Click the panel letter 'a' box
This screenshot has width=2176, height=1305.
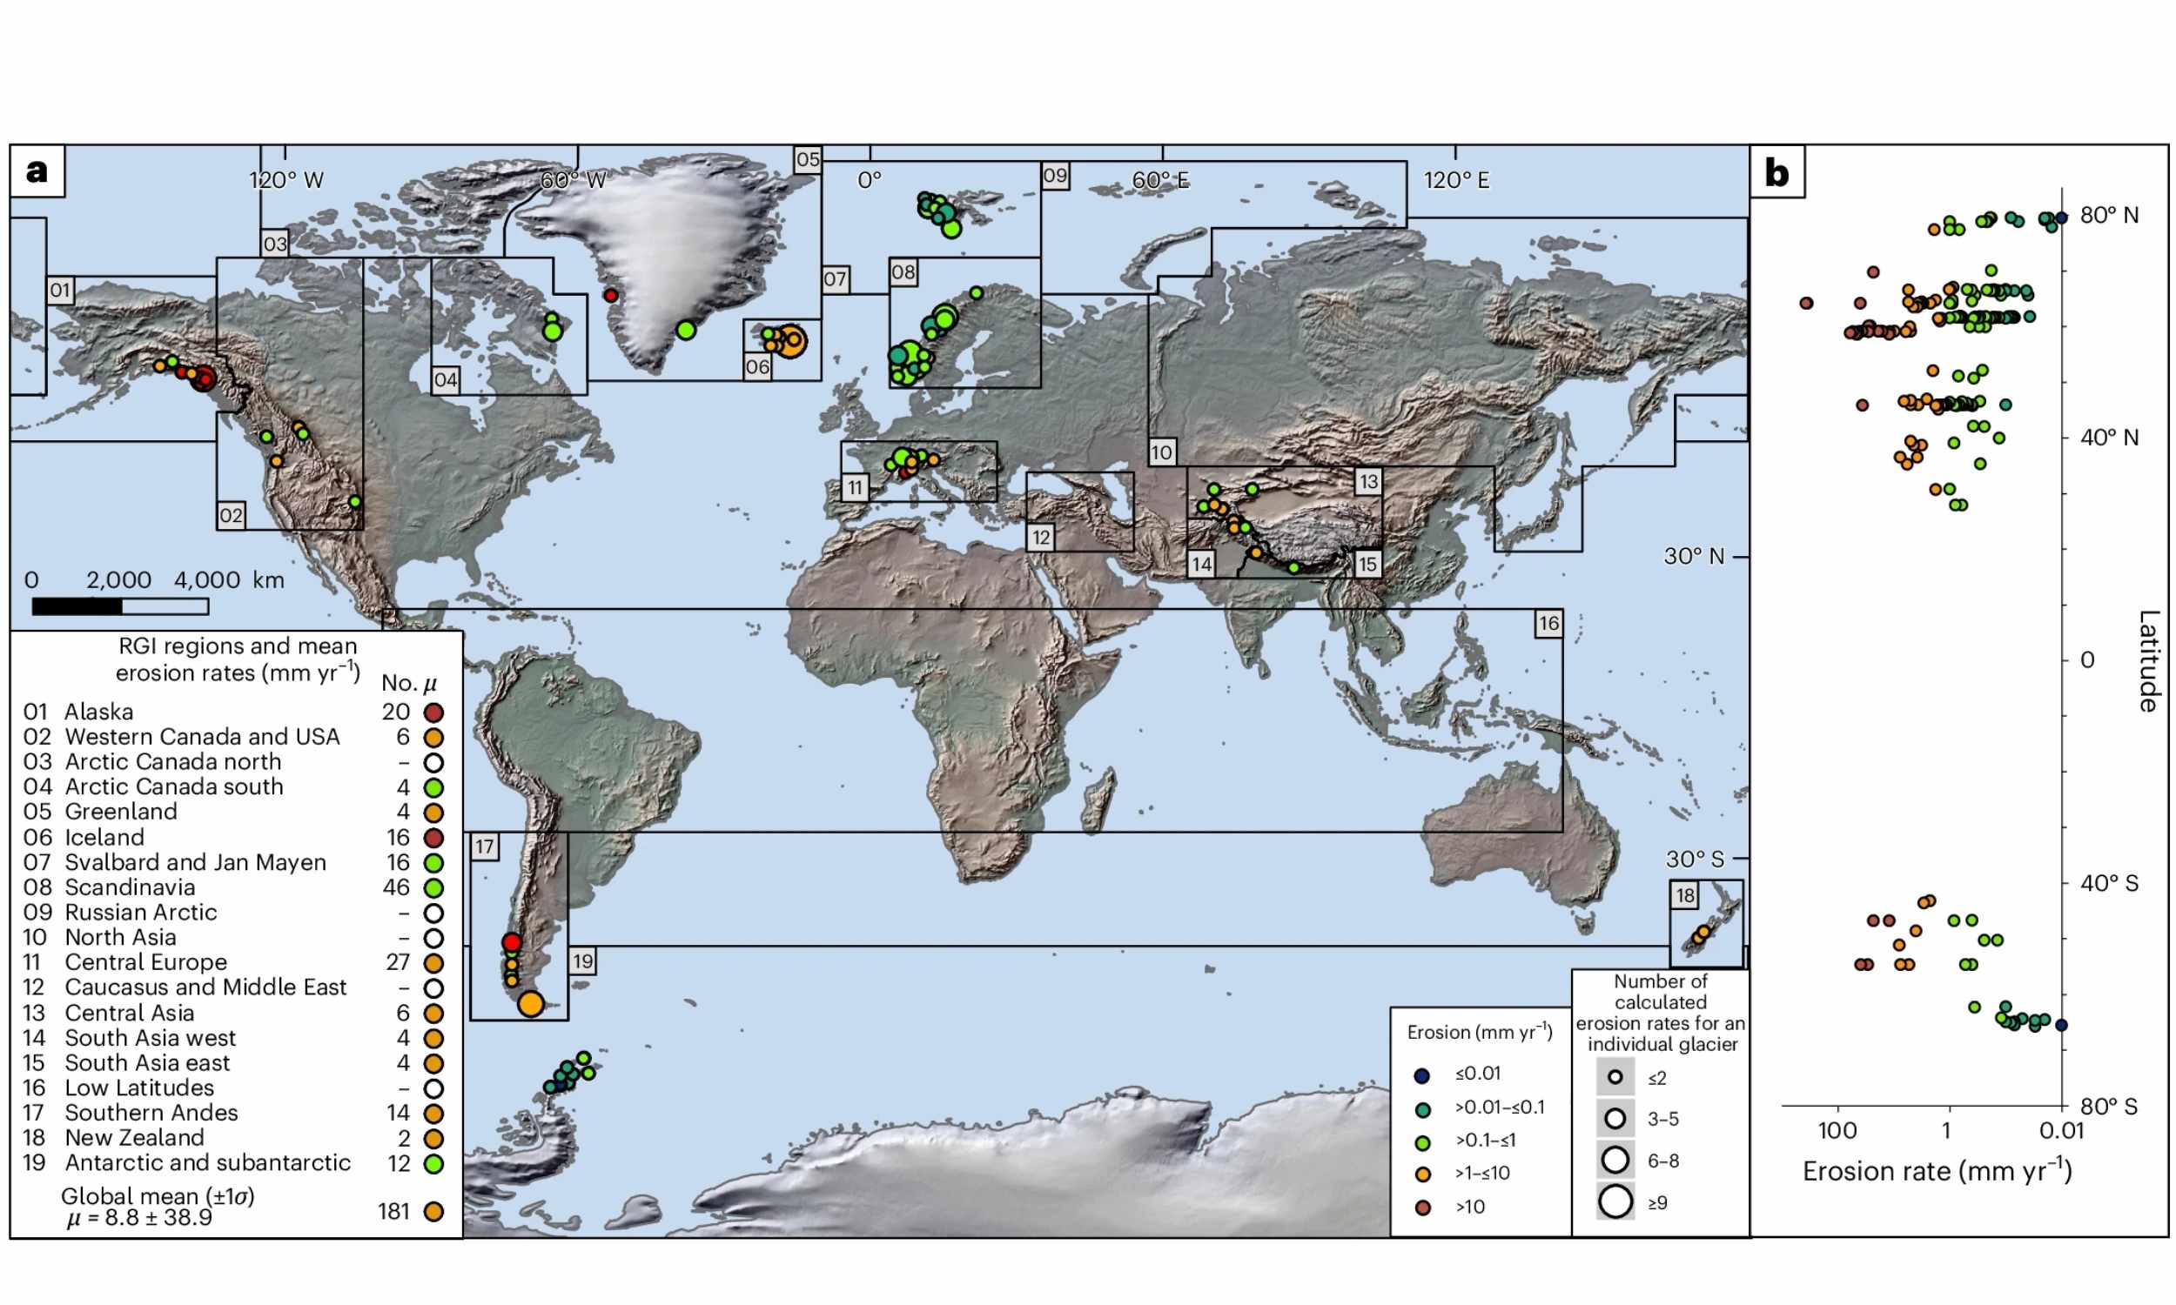(x=37, y=171)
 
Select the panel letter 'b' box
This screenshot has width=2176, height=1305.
(x=1776, y=172)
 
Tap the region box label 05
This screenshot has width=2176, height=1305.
(x=808, y=160)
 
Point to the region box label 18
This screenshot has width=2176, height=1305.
(x=1684, y=895)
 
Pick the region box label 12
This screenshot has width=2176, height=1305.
(x=1041, y=538)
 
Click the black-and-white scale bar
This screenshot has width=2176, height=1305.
(x=119, y=606)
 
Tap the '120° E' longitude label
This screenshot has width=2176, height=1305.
(x=1456, y=180)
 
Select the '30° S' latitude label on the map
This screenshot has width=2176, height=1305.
(x=1694, y=860)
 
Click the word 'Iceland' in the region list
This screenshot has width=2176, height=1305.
(x=104, y=837)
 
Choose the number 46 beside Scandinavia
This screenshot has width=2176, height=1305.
(x=396, y=887)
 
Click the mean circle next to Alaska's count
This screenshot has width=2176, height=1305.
(x=433, y=713)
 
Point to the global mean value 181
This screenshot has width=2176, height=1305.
(x=394, y=1212)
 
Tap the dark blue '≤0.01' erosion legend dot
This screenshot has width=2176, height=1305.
(x=1422, y=1075)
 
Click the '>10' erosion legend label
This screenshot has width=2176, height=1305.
(x=1470, y=1208)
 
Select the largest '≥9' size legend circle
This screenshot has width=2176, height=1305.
(x=1615, y=1201)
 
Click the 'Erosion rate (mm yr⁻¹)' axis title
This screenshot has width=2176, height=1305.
(x=1937, y=1171)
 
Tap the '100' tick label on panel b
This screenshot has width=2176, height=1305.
(x=1837, y=1131)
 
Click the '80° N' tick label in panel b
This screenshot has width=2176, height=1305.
(x=2108, y=216)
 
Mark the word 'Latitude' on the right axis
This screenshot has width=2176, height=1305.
(x=2148, y=660)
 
